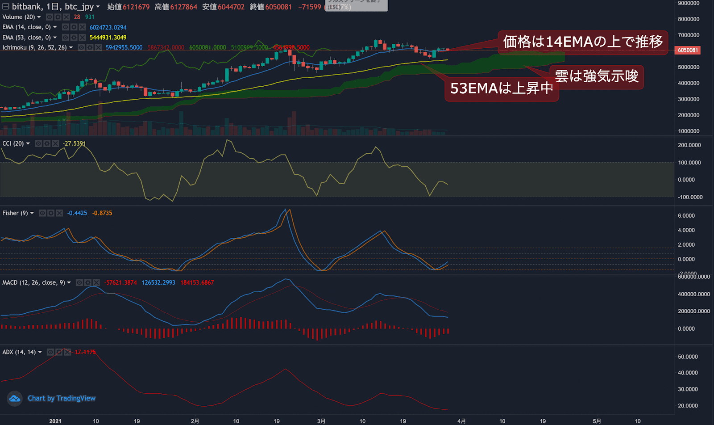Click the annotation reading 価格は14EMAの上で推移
583,42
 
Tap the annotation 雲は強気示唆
597,76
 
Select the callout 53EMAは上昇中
501,88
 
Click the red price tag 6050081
688,50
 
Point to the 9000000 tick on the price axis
689,4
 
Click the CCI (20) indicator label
13,143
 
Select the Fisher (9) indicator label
15,213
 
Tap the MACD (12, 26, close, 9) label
33,282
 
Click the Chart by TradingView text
62,398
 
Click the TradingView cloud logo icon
15,398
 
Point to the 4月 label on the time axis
461,421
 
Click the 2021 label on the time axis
55,421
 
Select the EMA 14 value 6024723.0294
108,27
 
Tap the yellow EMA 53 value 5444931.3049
108,38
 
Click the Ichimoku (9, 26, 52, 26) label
34,47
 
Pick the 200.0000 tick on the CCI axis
689,145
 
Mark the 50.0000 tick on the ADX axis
688,357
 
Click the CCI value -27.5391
74,143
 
